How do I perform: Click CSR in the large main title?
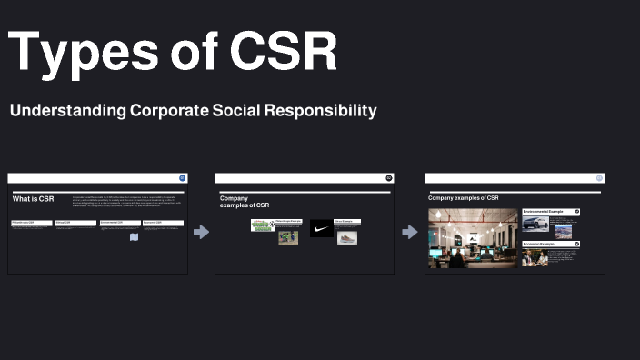click(x=283, y=53)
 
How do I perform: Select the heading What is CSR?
click(x=34, y=198)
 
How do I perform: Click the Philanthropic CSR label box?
click(x=31, y=222)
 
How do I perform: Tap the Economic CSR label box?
click(x=162, y=222)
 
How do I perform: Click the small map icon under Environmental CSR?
click(x=134, y=237)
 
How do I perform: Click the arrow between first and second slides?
click(x=201, y=232)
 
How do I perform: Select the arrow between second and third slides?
click(x=409, y=232)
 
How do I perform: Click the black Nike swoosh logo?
click(x=321, y=229)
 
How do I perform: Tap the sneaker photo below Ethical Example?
click(x=347, y=238)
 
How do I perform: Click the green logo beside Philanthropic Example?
click(x=263, y=225)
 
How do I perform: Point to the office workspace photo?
click(x=473, y=238)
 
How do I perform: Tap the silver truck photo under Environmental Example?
click(x=535, y=224)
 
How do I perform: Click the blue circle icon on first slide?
click(x=183, y=178)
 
